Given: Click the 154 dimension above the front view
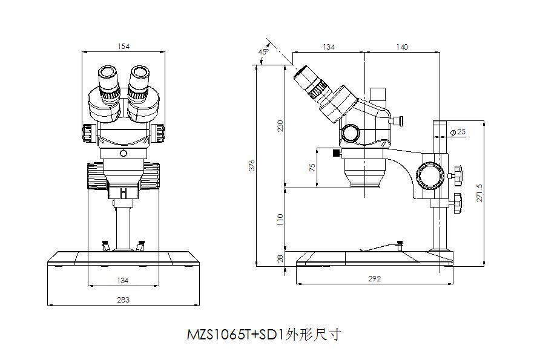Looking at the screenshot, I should click(x=124, y=46).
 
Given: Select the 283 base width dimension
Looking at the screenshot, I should click(x=124, y=299).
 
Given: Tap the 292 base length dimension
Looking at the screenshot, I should click(x=375, y=279).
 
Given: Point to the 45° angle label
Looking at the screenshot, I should click(x=263, y=51).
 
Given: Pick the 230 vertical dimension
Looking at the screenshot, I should click(x=280, y=125).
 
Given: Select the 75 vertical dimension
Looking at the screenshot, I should click(x=312, y=168).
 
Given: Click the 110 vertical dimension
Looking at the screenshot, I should click(x=280, y=219).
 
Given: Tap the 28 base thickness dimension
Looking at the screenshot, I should click(x=280, y=258).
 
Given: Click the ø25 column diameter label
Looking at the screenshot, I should click(x=458, y=132).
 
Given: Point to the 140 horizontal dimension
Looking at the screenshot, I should click(x=401, y=47).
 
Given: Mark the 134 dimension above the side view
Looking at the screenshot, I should click(x=328, y=47).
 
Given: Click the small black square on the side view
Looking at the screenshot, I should click(x=336, y=154).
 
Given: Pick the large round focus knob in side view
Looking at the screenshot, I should click(x=430, y=176).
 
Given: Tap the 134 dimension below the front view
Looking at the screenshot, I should click(x=124, y=280).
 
